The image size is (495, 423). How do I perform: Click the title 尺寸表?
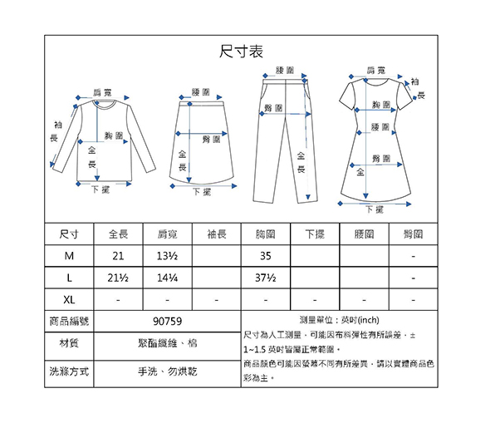pyautogui.click(x=241, y=52)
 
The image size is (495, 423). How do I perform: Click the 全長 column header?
pyautogui.click(x=118, y=234)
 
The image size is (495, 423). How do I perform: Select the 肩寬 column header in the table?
pyautogui.click(x=167, y=234)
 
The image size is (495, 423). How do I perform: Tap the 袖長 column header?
pyautogui.click(x=217, y=234)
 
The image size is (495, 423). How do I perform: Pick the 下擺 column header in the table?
pyautogui.click(x=315, y=234)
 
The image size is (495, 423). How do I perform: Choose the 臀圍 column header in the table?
pyautogui.click(x=414, y=234)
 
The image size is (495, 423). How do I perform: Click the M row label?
pyautogui.click(x=69, y=256)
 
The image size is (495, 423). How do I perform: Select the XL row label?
pyautogui.click(x=69, y=299)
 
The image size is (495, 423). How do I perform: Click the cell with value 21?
pyautogui.click(x=118, y=256)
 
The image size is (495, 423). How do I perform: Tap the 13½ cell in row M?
pyautogui.click(x=167, y=256)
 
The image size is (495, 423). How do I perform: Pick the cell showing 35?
pyautogui.click(x=266, y=256)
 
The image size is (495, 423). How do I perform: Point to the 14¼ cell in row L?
pyautogui.click(x=167, y=278)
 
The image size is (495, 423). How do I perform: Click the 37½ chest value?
pyautogui.click(x=266, y=278)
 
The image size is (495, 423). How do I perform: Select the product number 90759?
pyautogui.click(x=167, y=322)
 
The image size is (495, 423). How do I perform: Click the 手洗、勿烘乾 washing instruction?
pyautogui.click(x=167, y=371)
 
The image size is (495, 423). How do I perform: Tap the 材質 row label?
pyautogui.click(x=69, y=342)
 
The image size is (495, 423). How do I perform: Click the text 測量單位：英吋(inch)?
pyautogui.click(x=340, y=320)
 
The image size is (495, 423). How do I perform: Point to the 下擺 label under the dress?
pyautogui.click(x=375, y=209)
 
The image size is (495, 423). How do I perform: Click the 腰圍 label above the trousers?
pyautogui.click(x=285, y=70)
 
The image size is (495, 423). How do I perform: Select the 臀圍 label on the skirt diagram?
pyautogui.click(x=211, y=140)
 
